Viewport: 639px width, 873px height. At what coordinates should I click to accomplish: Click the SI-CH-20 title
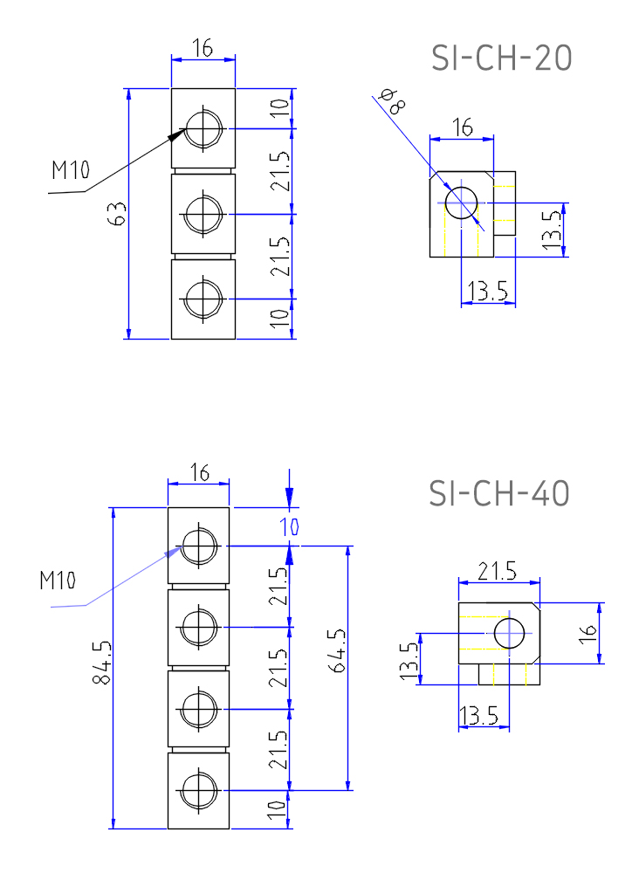[502, 58]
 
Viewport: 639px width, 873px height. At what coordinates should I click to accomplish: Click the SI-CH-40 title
[498, 492]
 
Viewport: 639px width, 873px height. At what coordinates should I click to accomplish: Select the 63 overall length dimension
[118, 213]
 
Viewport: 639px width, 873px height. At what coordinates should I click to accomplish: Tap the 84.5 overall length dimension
[102, 663]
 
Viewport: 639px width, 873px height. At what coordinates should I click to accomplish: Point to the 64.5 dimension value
[337, 650]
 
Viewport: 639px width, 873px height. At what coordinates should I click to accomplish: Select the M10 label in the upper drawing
[70, 169]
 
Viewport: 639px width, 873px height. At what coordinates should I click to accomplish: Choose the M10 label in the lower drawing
[58, 581]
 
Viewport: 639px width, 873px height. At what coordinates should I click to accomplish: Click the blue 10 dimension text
[290, 526]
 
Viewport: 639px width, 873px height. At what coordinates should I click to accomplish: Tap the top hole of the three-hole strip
[203, 128]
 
